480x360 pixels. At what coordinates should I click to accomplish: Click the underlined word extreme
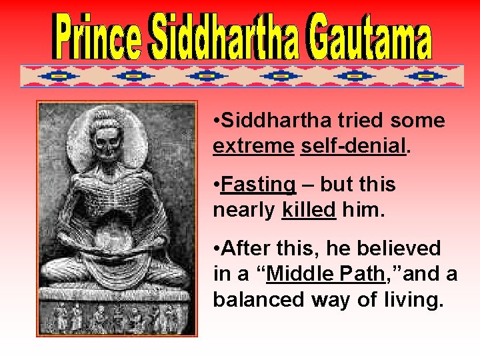[x=253, y=146]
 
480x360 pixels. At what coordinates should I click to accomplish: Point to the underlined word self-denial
[x=353, y=146]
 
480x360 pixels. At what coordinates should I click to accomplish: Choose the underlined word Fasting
[x=258, y=185]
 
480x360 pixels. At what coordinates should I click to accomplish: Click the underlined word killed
[x=309, y=210]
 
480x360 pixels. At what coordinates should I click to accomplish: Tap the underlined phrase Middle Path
[x=325, y=275]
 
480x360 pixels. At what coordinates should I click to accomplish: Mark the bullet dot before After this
[x=217, y=249]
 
